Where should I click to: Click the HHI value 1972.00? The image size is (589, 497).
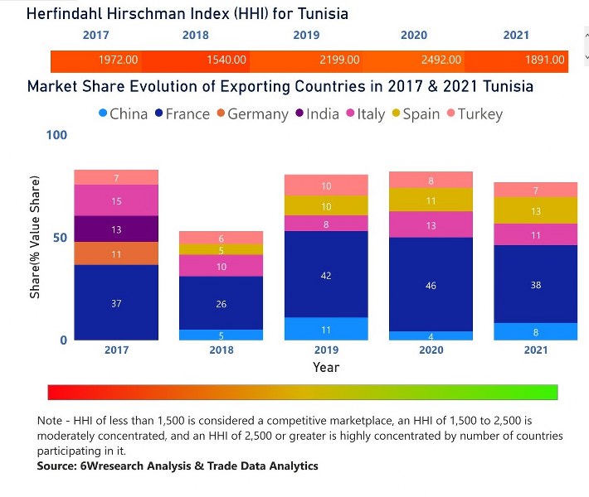(118, 60)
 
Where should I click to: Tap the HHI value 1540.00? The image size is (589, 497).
(226, 60)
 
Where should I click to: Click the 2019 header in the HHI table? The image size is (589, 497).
(306, 36)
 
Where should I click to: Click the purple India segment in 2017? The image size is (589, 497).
(116, 229)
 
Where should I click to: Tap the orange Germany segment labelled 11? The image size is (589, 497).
(116, 254)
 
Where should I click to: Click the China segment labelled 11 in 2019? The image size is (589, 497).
(326, 329)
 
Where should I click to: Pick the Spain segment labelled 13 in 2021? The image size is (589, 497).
(536, 211)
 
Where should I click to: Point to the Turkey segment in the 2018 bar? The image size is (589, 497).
(221, 238)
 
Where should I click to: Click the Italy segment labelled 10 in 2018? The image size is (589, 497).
(221, 266)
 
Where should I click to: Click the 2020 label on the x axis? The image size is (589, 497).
(431, 350)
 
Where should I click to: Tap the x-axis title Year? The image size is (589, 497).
(326, 367)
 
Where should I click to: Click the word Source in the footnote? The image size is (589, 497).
(56, 466)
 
